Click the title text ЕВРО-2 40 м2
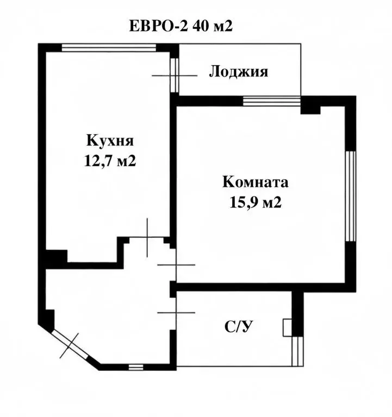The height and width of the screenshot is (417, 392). coord(181,26)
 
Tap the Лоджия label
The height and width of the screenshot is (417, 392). coord(238,72)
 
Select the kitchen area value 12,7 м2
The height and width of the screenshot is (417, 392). coord(109,161)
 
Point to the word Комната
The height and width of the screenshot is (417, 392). coord(256,182)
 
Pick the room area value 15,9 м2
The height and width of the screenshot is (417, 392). coord(256,203)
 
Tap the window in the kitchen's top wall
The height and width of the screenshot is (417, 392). coord(108,48)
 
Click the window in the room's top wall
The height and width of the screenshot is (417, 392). coord(271,100)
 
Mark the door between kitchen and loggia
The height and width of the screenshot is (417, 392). coord(173,75)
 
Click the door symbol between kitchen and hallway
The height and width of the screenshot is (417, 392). coord(147,237)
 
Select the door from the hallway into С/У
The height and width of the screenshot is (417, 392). coord(175,312)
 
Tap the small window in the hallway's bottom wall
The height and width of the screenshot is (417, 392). coord(136,367)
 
